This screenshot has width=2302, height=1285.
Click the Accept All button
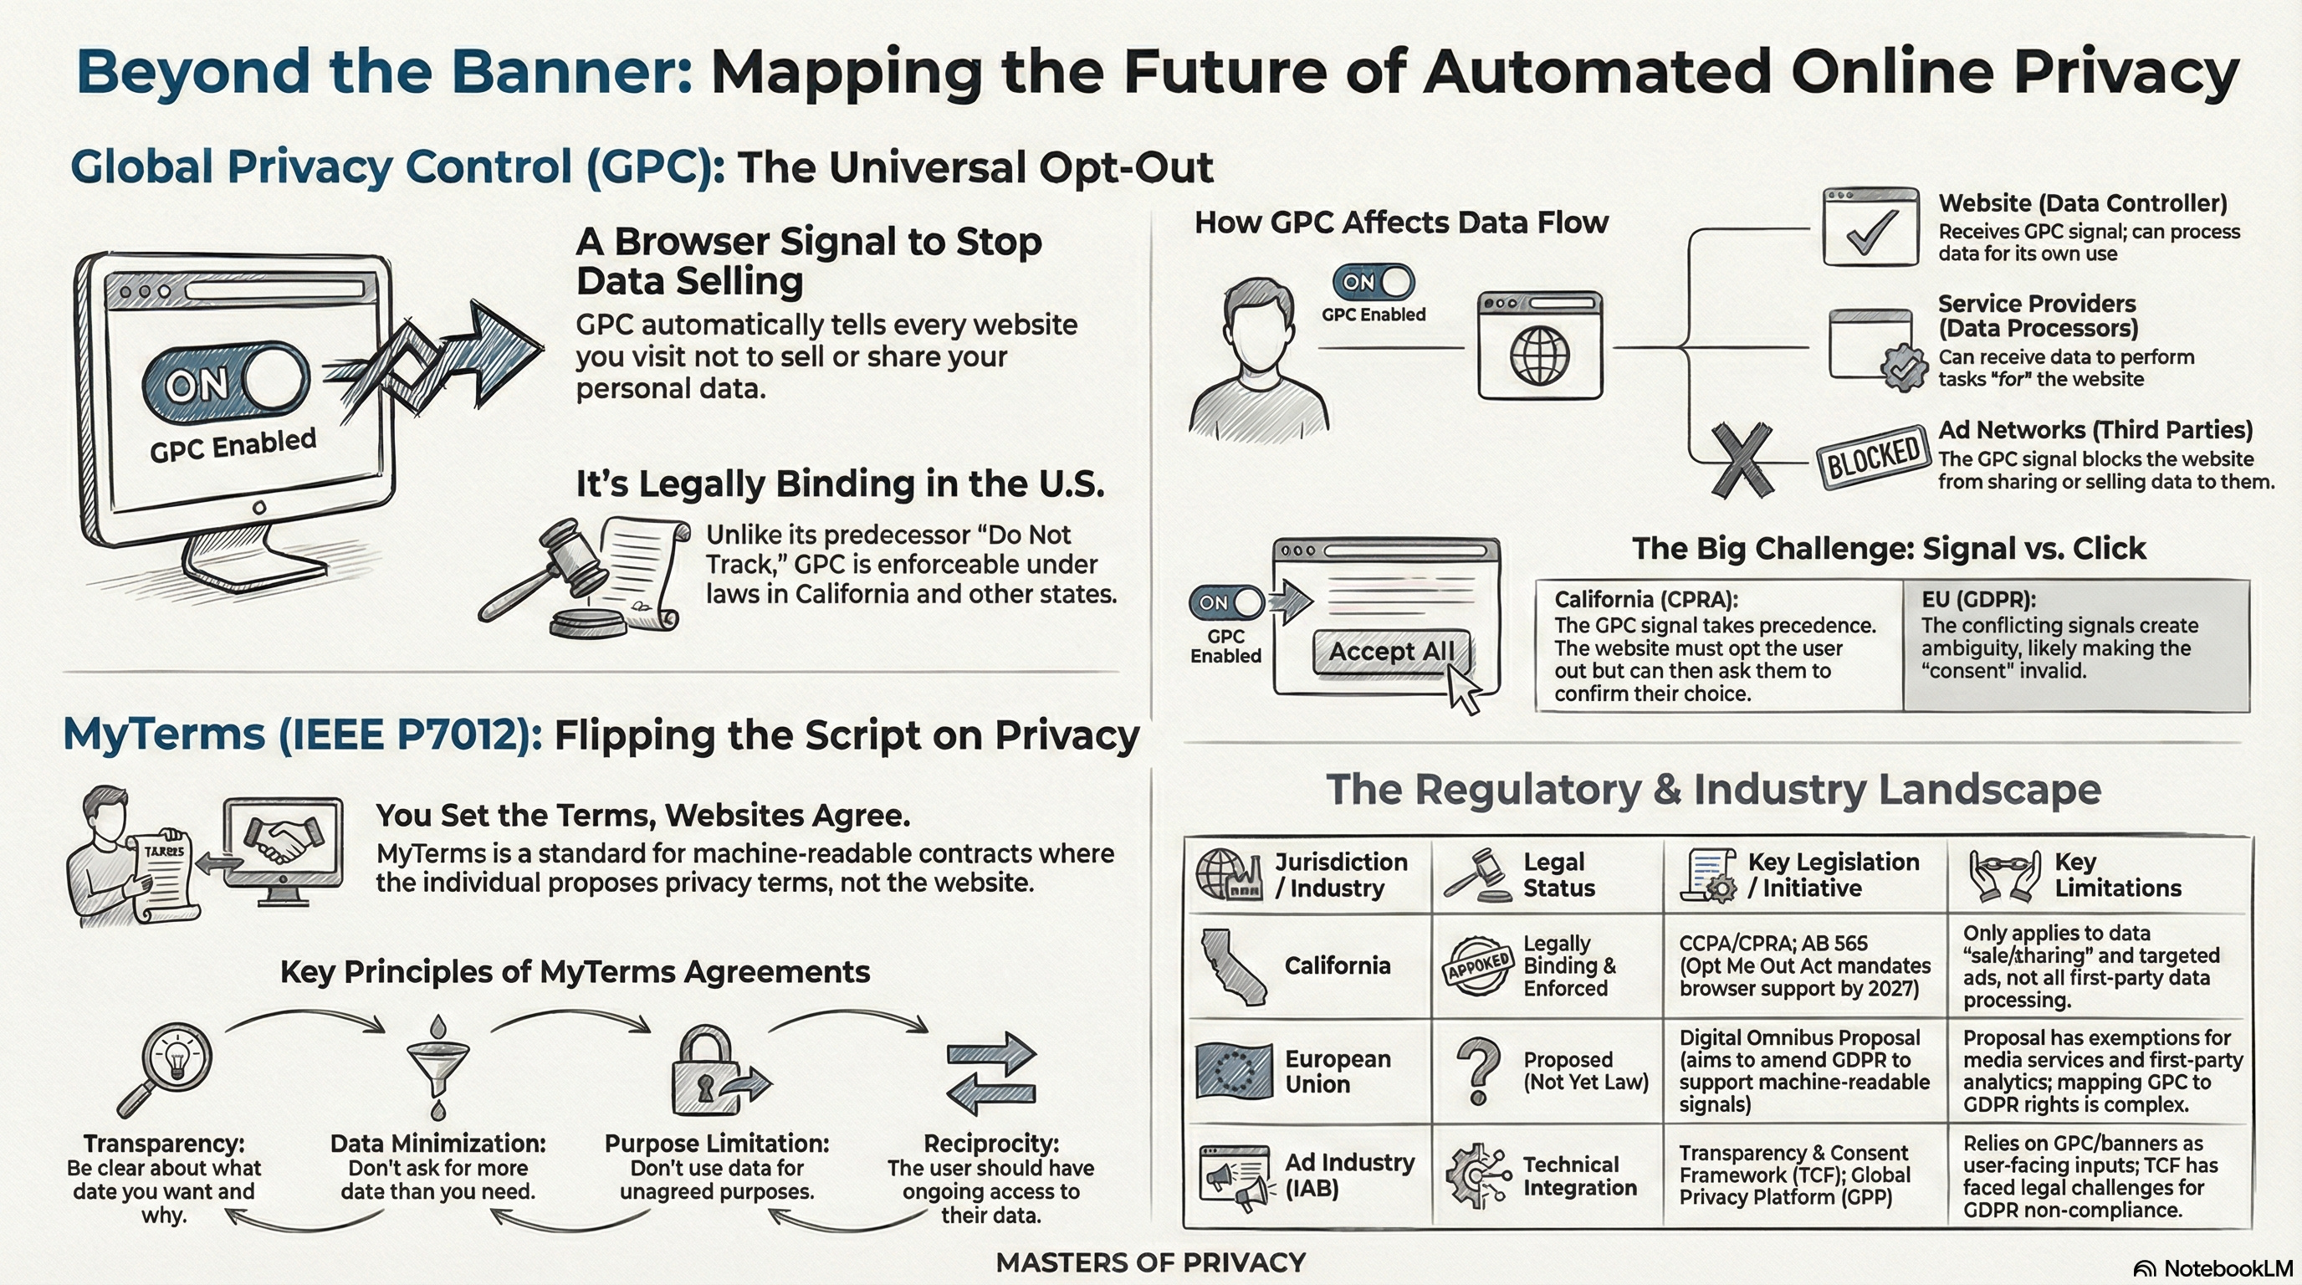click(x=1390, y=652)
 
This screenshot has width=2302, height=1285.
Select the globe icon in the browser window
click(x=1539, y=355)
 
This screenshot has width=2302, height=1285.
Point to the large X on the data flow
click(x=1741, y=459)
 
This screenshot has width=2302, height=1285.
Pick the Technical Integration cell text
click(x=1579, y=1176)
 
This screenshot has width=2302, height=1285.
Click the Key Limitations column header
click(x=2117, y=875)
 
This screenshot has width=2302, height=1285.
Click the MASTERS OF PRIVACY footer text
click(x=1150, y=1262)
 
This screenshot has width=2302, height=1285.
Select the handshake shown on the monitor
click(x=283, y=841)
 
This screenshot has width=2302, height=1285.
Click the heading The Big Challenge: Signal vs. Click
click(x=1888, y=548)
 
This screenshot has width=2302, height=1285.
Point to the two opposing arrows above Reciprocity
click(x=990, y=1073)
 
